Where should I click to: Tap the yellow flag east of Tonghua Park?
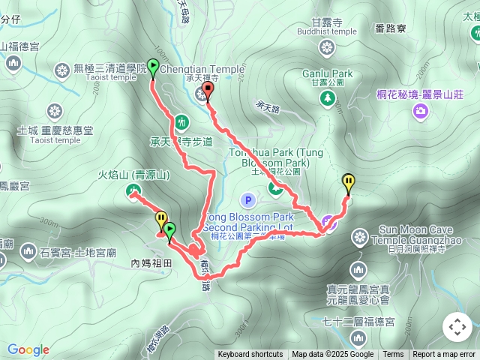(x=349, y=181)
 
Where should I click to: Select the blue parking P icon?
(x=248, y=200)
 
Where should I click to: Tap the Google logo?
(x=28, y=349)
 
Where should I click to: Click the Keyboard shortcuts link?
(x=250, y=355)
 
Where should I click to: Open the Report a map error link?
(x=445, y=355)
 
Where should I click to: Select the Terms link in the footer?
(x=393, y=355)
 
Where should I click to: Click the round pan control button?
(x=457, y=327)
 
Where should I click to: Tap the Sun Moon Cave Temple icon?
(x=361, y=238)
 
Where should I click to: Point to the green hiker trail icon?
(x=181, y=121)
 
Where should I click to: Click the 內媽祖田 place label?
(x=151, y=263)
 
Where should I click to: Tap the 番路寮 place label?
(x=391, y=28)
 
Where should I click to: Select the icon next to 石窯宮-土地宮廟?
(x=28, y=250)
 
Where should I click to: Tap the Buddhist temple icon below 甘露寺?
(x=326, y=49)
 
